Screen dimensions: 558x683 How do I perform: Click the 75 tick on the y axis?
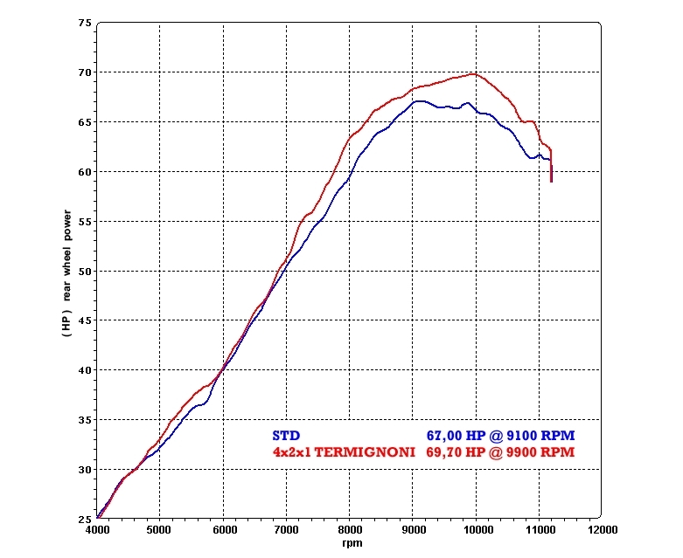85,23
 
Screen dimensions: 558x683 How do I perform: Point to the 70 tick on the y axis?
85,72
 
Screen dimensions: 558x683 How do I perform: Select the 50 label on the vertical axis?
85,271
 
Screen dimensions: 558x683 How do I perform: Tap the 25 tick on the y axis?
85,519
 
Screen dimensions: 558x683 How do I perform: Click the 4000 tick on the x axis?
96,529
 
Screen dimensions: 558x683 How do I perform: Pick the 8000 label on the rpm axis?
349,529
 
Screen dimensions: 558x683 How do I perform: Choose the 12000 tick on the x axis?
602,529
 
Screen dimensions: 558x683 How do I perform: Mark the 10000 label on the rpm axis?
476,529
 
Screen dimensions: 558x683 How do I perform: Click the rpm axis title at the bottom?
351,542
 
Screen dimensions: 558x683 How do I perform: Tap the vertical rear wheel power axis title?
66,271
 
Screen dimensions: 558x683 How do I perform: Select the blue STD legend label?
286,435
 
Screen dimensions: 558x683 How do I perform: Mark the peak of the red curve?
472,74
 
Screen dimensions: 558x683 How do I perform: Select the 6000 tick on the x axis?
223,529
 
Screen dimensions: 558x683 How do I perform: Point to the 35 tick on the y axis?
85,420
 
